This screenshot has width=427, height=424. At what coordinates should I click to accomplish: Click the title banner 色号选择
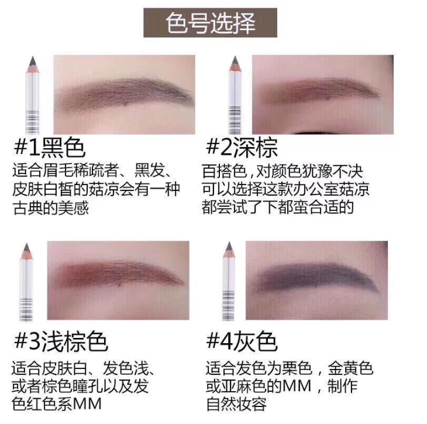(x=210, y=23)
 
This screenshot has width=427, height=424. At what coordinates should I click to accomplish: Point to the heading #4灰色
(x=242, y=341)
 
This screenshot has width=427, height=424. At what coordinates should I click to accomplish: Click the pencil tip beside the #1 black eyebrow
(x=33, y=59)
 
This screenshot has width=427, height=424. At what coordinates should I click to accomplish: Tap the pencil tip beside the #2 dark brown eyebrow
(x=235, y=58)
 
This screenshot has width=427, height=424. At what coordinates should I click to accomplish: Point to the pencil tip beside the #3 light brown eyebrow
(x=27, y=245)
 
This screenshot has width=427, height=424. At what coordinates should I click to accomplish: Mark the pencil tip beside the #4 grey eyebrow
(x=229, y=244)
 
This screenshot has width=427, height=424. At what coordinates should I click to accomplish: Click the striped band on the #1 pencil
(x=32, y=122)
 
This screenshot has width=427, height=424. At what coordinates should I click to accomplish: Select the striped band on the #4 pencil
(x=229, y=305)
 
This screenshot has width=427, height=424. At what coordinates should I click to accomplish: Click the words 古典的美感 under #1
(x=51, y=208)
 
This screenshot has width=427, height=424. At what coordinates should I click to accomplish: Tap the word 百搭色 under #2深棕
(x=225, y=171)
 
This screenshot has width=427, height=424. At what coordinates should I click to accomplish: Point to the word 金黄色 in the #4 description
(x=350, y=368)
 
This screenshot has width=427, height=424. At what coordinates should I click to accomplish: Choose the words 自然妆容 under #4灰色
(x=236, y=404)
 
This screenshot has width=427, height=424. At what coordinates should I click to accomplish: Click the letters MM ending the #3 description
(x=87, y=404)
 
